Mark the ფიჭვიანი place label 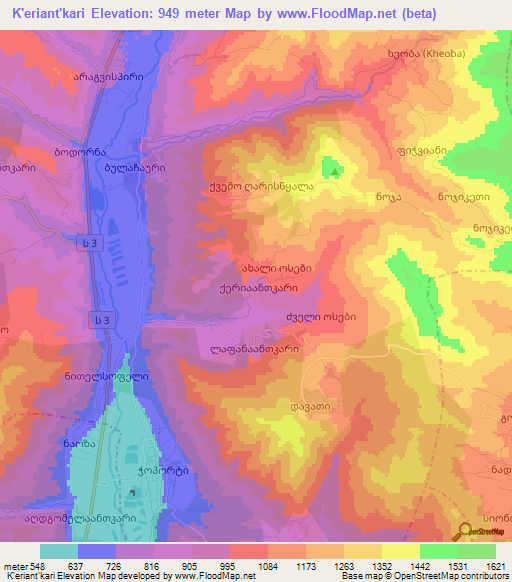coord(419,151)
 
